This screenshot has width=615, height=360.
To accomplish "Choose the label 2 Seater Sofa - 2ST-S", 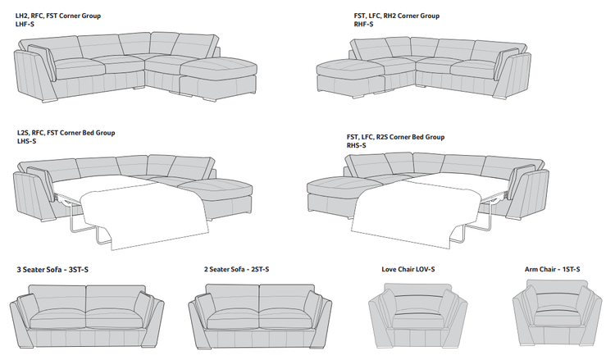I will click(236, 270).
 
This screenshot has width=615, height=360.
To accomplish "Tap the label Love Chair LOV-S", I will click(408, 270).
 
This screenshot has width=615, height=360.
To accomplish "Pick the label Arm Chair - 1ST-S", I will click(554, 270).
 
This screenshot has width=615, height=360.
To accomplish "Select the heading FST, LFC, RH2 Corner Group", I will click(397, 16).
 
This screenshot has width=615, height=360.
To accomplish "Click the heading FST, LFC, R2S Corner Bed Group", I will click(395, 137).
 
